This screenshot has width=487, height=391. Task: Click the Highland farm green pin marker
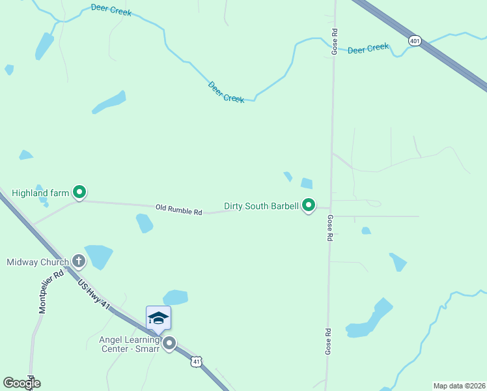(x=79, y=192)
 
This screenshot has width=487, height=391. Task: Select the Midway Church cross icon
(x=78, y=262)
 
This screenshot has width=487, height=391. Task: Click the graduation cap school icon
(x=158, y=318)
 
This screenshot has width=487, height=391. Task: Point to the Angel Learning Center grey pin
(x=169, y=343)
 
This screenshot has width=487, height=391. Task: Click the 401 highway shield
(x=415, y=41)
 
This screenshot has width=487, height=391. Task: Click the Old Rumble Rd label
(x=179, y=210)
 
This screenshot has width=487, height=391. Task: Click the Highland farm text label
(x=40, y=193)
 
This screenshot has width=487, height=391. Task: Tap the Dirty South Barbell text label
(x=261, y=206)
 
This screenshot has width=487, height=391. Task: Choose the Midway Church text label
(x=38, y=263)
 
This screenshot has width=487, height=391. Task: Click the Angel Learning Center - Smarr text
(x=129, y=343)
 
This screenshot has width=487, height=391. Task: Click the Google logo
(x=21, y=383)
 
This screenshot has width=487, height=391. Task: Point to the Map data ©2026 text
(x=460, y=386)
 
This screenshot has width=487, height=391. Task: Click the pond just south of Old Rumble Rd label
(x=145, y=224)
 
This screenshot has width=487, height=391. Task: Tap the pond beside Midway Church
(x=99, y=255)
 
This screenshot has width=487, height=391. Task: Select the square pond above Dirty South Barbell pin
(x=307, y=183)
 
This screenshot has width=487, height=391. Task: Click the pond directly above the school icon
(x=176, y=297)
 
